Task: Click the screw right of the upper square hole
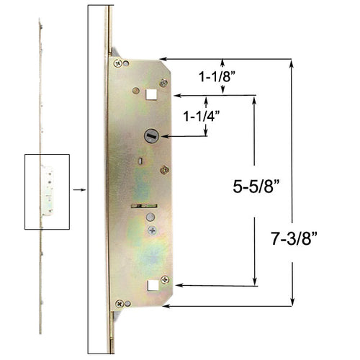click(164, 84)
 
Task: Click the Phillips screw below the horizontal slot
click(151, 230)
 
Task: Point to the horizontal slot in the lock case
click(142, 207)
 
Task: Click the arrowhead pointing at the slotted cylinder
click(163, 135)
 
